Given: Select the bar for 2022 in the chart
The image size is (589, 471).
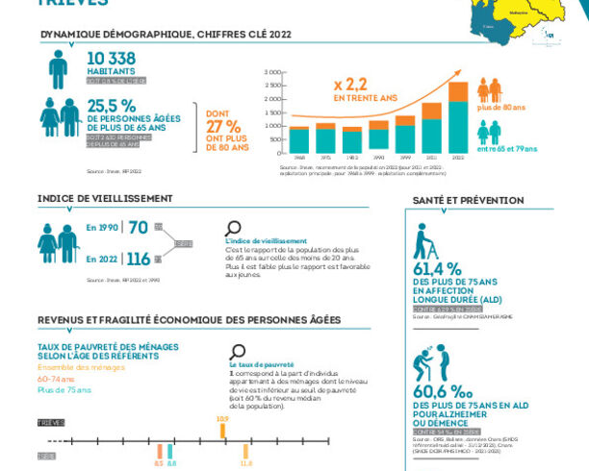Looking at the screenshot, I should [x=457, y=118].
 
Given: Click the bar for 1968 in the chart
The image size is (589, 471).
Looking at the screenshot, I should [x=299, y=140].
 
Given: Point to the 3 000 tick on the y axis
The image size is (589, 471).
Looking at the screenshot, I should [x=273, y=72].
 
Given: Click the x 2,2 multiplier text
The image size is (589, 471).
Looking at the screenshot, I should [x=352, y=84].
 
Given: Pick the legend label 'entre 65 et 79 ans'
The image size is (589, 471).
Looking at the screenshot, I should [x=500, y=149].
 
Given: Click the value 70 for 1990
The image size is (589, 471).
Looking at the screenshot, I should [x=139, y=228].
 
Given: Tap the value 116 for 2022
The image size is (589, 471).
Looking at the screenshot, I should [x=139, y=259].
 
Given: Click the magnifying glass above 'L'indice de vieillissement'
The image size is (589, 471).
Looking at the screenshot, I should [x=233, y=228].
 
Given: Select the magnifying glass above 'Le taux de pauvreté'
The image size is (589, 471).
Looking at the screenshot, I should [x=238, y=352].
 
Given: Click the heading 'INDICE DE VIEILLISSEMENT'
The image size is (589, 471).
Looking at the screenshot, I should [x=105, y=198].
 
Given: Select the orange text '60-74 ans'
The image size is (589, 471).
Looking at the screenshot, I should [x=57, y=379].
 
